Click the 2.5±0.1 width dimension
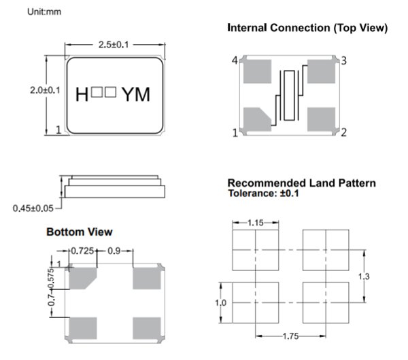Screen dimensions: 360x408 pos(112,45)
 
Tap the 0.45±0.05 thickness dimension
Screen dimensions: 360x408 pos(32,207)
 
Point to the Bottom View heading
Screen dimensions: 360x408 pos(79,232)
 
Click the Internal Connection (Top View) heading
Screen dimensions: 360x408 pos(307,28)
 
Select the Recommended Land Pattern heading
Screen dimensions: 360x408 pos(301,183)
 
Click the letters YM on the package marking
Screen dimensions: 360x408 pos(135,94)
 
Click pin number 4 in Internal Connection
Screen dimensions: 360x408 pos(234,61)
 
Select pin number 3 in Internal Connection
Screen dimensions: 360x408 pos(344,61)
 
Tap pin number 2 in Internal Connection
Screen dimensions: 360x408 pos(344,132)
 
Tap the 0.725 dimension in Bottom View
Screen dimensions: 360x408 pos(83,252)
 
